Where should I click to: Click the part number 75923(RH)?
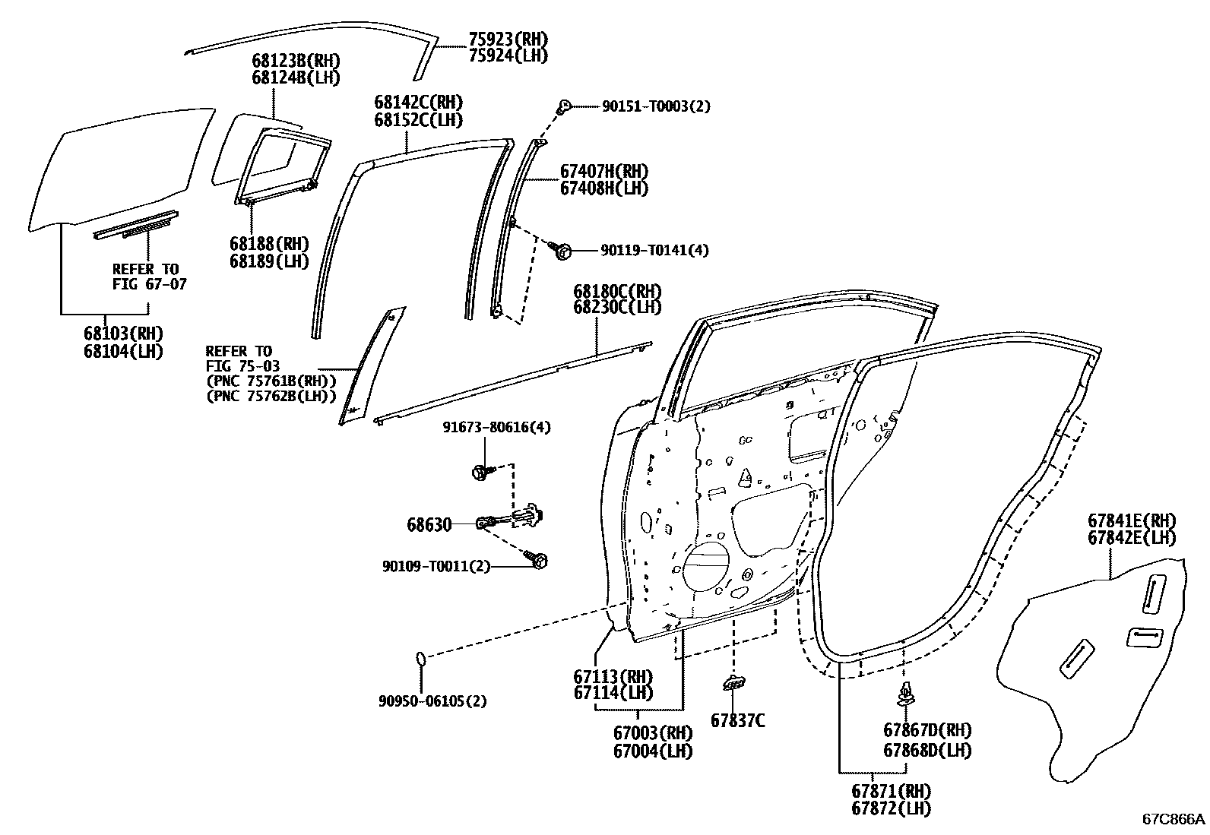508,40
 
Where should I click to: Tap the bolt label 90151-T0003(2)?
656,106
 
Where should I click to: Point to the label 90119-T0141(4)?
654,250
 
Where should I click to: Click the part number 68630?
429,524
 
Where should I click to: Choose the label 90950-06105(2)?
432,701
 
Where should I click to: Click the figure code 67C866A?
1174,818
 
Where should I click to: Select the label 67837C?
737,720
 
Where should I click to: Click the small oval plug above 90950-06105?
420,658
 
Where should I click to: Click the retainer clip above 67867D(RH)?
905,694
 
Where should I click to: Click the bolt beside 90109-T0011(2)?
540,561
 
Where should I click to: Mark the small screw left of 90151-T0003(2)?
564,106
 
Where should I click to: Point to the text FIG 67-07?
149,284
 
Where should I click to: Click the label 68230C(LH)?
617,308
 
